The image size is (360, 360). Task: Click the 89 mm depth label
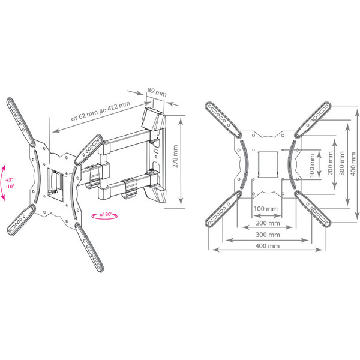coord(157,93)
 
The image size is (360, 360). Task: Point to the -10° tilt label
coord(9,187)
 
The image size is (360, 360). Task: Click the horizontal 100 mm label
coord(266,209)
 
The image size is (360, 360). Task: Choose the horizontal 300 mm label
coord(266,234)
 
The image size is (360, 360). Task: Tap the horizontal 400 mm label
coord(266,247)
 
